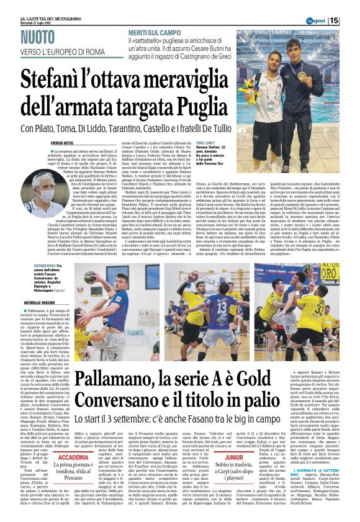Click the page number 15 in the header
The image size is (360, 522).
[x=351, y=20]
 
